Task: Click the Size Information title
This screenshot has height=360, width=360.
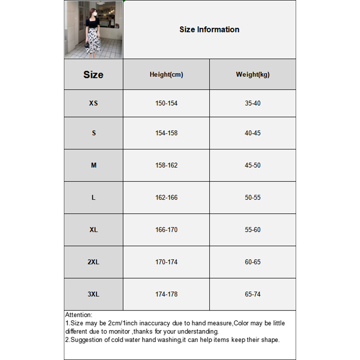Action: [209, 30]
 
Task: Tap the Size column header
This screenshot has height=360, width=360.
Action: [93, 75]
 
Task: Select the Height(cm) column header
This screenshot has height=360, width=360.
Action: [166, 75]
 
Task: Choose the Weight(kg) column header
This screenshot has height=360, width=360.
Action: [252, 75]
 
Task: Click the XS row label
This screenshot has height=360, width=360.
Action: [93, 103]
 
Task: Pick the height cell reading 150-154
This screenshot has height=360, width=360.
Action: [166, 103]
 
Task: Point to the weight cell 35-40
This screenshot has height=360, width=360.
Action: [252, 103]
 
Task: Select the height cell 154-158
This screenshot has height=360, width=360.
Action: [166, 133]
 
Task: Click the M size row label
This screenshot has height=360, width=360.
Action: [94, 165]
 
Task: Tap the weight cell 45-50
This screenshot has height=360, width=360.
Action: [252, 165]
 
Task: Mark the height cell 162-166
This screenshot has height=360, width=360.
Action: [166, 198]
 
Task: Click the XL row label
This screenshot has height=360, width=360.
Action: [93, 229]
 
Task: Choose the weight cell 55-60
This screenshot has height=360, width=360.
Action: [252, 229]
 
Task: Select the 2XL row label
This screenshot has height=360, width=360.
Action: [93, 262]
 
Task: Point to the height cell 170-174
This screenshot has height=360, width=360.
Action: [166, 262]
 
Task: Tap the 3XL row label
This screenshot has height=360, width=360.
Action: [93, 294]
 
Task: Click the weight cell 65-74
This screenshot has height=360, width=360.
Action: [252, 294]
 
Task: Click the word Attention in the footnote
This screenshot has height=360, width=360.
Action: [78, 315]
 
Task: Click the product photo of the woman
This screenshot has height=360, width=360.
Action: [94, 30]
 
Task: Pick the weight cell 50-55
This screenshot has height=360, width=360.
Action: [252, 198]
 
